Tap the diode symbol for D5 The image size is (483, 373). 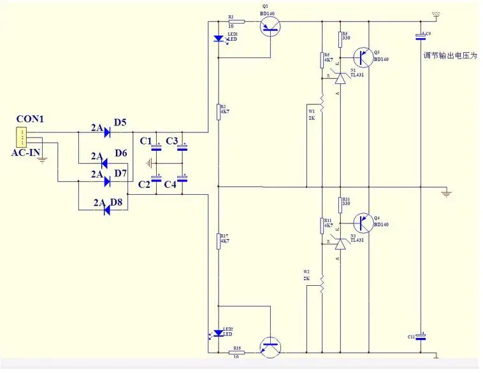click(106, 133)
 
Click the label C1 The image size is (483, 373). click(146, 141)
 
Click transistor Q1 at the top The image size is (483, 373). click(271, 25)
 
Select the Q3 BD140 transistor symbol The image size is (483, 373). click(364, 58)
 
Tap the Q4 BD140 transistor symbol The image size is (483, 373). click(364, 223)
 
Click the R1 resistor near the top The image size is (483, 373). click(234, 22)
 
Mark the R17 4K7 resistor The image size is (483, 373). click(219, 243)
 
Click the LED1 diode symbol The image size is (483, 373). click(219, 39)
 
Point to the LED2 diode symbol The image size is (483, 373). click(219, 333)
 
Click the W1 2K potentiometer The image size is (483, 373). click(322, 103)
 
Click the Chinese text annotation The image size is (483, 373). click(450, 56)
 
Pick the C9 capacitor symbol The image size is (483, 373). click(421, 36)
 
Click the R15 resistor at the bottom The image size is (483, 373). click(238, 351)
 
